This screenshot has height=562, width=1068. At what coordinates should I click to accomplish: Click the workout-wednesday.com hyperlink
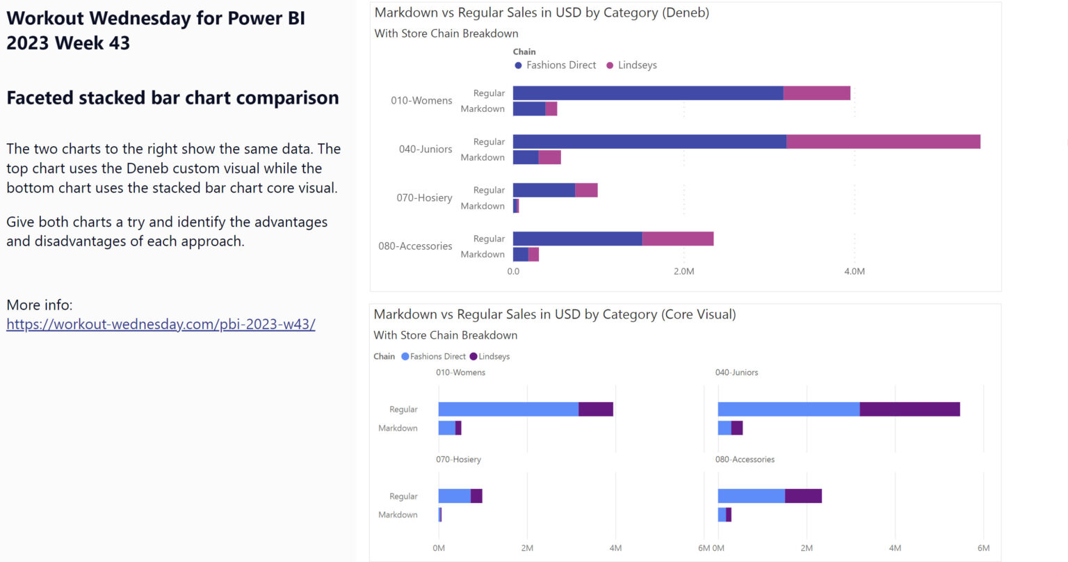(161, 324)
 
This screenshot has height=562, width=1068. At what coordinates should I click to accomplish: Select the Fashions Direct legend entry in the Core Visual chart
(437, 357)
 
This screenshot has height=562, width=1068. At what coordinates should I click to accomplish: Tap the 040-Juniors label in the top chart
(425, 150)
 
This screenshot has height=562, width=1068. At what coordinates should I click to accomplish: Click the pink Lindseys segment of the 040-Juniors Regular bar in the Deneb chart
(883, 142)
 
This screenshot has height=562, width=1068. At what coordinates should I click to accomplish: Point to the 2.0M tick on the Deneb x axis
(683, 271)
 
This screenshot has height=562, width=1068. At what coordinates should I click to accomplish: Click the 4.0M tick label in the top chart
(854, 271)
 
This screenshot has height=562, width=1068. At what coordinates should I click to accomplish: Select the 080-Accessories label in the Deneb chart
(415, 246)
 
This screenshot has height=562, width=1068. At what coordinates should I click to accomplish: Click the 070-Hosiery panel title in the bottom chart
(458, 460)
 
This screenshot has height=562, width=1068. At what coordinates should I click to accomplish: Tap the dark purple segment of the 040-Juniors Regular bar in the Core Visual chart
(909, 409)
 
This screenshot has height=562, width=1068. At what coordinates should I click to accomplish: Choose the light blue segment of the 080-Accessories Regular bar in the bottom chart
(751, 496)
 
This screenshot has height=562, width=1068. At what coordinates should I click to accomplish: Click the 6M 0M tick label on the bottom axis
(711, 548)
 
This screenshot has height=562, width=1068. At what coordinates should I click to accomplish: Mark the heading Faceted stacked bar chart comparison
(172, 98)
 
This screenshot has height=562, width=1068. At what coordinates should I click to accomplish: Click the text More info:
(40, 305)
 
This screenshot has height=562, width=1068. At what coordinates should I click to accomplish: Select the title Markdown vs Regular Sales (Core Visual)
(554, 314)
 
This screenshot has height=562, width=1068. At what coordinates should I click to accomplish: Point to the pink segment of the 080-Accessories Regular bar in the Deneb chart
(677, 239)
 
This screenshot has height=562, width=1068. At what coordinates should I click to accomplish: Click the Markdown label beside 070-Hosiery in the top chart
(483, 207)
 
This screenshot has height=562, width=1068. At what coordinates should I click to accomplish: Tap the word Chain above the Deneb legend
(524, 52)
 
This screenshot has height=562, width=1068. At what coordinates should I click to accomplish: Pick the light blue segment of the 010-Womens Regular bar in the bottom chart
(508, 409)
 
